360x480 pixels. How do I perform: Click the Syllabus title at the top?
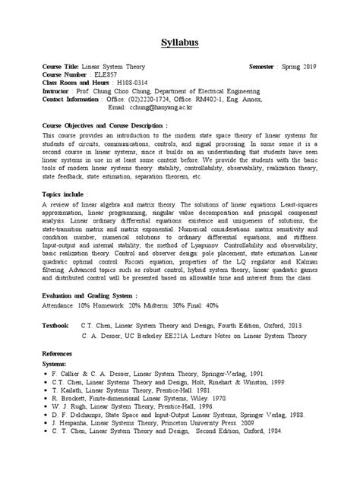(x=181, y=42)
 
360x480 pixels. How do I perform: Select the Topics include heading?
(x=68, y=194)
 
